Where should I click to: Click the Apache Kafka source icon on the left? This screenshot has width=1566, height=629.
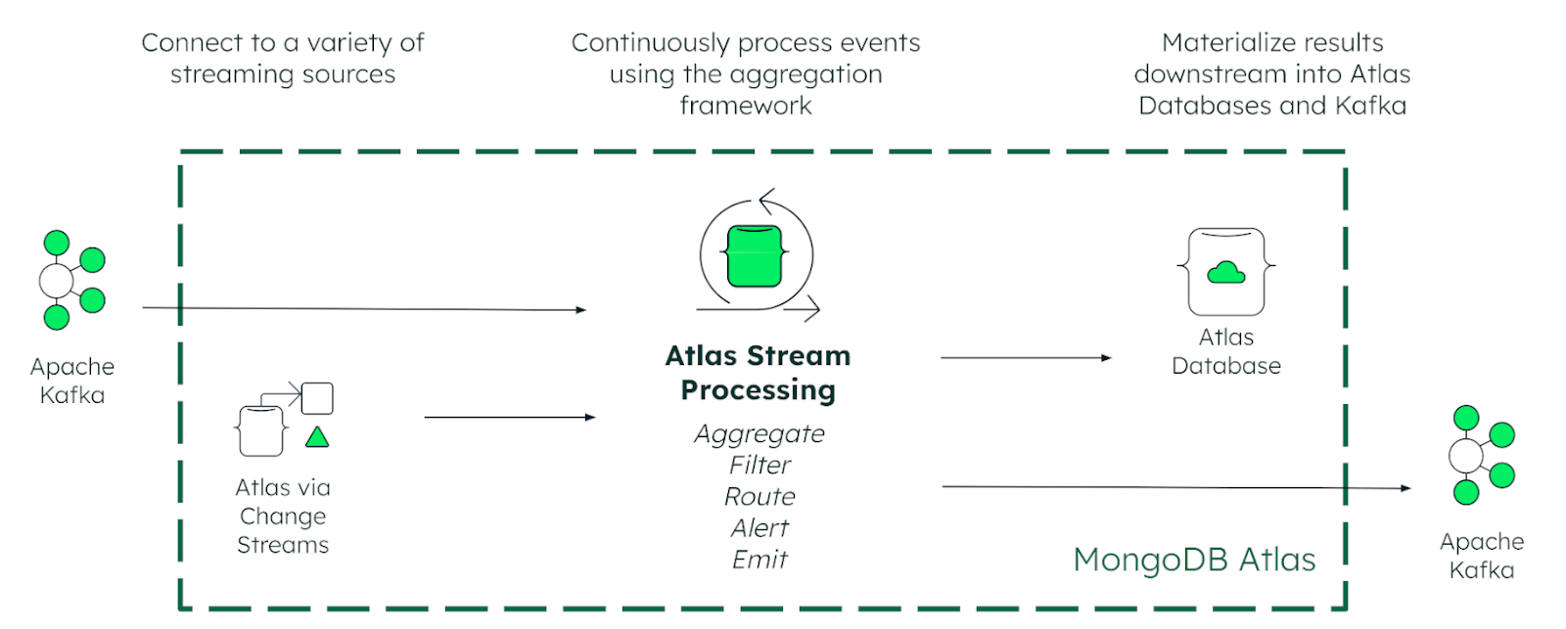pos(72,280)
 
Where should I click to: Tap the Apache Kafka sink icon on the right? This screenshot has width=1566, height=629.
pos(1482,455)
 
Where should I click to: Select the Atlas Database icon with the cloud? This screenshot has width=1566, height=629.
pos(1226,272)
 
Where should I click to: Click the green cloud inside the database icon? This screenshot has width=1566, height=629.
pos(1226,273)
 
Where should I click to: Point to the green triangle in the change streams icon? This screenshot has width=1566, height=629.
pos(317,437)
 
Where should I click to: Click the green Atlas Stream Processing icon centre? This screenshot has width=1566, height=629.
pos(755,256)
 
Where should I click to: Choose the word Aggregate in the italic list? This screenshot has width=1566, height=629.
pos(760,434)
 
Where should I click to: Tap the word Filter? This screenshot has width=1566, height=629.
pos(760,465)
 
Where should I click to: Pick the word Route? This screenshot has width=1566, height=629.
pos(760,496)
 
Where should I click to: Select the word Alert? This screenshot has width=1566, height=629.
pos(760,527)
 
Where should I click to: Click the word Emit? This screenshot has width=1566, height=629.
pos(760,560)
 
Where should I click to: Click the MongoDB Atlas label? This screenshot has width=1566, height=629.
pos(1194,560)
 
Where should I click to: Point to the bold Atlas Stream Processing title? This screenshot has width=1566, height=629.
pos(758,374)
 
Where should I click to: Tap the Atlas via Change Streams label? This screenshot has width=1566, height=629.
pos(283,516)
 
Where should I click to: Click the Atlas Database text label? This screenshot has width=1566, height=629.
pos(1226,351)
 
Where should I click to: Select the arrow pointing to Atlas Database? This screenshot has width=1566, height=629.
pos(1026,358)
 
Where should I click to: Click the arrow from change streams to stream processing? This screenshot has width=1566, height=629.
pos(510,418)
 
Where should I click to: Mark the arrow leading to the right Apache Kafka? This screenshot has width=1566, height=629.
pos(1176,487)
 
